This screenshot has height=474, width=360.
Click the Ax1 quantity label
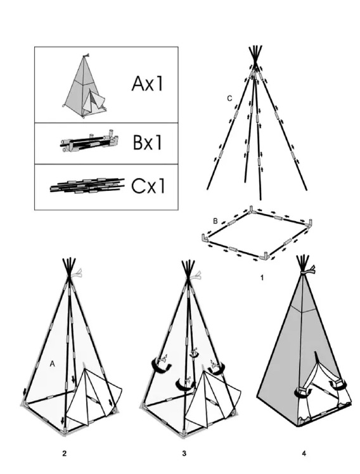pyautogui.click(x=147, y=84)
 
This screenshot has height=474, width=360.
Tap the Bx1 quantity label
pyautogui.click(x=148, y=143)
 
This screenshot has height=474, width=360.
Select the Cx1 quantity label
pyautogui.click(x=148, y=186)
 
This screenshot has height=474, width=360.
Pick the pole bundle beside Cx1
pyautogui.click(x=87, y=186)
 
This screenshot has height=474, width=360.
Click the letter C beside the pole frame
pyautogui.click(x=229, y=99)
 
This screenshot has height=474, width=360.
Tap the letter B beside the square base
pyautogui.click(x=215, y=221)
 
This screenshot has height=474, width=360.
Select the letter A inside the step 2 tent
pyautogui.click(x=53, y=364)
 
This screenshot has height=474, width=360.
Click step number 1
pyautogui.click(x=262, y=278)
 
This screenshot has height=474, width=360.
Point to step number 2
pyautogui.click(x=64, y=453)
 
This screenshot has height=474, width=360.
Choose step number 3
pyautogui.click(x=184, y=453)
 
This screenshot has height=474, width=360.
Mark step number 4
pyautogui.click(x=304, y=453)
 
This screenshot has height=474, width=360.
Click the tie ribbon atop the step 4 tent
pyautogui.click(x=308, y=270)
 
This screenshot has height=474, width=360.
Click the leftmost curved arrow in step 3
pyautogui.click(x=162, y=364)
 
